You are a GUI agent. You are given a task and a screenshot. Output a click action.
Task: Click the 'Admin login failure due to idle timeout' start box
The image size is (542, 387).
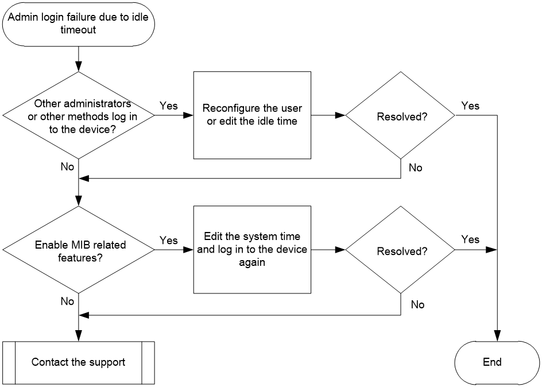79,24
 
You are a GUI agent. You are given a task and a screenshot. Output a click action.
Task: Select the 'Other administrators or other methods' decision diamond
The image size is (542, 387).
79,115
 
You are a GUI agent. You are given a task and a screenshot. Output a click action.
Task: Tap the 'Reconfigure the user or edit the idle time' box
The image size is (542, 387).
252,115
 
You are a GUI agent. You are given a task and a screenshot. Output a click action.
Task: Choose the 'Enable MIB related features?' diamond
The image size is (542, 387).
79,250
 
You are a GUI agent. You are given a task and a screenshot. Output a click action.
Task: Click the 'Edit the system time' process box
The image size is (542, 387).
252,250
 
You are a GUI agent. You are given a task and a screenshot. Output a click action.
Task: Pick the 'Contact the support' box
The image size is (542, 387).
79,362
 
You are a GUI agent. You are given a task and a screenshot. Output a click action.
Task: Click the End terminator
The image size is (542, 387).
497,362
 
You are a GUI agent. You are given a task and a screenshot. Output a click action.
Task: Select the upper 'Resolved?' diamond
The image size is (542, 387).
401,115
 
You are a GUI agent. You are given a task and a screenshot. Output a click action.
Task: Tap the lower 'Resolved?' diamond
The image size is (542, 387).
401,250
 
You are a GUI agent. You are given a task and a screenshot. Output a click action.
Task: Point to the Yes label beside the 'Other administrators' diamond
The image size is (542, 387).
169,106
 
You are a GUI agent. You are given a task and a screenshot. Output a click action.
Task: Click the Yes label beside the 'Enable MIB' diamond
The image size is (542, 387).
169,241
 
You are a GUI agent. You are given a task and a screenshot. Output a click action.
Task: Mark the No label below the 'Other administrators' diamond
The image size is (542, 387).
67,167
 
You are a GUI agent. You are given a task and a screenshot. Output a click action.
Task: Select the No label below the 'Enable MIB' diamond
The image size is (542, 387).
67,301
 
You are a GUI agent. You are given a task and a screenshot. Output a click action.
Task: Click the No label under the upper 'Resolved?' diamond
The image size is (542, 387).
416,168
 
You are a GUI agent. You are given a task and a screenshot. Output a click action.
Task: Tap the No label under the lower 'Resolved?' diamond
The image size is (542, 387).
417,304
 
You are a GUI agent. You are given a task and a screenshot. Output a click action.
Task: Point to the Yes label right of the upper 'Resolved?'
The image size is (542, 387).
470,106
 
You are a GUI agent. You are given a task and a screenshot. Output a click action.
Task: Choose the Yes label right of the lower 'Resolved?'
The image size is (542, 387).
470,239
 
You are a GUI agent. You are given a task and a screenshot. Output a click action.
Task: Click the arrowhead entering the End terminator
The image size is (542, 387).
497,336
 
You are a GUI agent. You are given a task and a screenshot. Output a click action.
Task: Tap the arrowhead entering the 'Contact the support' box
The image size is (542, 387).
79,336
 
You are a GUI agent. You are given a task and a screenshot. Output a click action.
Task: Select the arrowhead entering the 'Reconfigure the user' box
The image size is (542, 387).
188,115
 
